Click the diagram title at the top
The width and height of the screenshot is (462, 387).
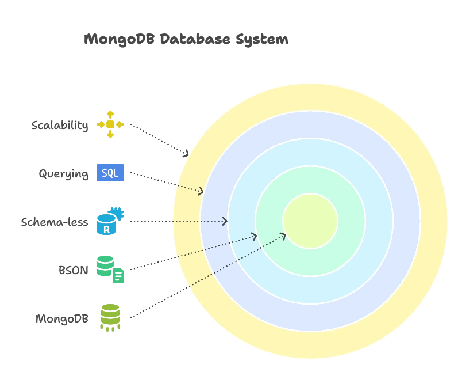186,40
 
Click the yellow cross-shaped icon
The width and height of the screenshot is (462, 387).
110,124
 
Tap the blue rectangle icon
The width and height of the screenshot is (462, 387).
110,173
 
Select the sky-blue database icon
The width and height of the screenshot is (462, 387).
110,221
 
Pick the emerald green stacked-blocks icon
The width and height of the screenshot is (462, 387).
110,270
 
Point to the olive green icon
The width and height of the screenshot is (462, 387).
110,317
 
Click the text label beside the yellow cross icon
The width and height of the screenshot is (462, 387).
60,126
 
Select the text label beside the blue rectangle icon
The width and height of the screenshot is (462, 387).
64,173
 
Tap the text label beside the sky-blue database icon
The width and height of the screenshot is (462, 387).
55,222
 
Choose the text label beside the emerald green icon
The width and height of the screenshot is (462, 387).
74,270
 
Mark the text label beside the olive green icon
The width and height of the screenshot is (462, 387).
61,319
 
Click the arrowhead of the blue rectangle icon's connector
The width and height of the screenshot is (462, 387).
202,191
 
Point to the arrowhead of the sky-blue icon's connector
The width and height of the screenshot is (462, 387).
225,221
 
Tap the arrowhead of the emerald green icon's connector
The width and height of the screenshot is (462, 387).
254,236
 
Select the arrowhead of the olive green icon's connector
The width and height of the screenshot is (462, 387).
283,234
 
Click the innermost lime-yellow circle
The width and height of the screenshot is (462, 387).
310,221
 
